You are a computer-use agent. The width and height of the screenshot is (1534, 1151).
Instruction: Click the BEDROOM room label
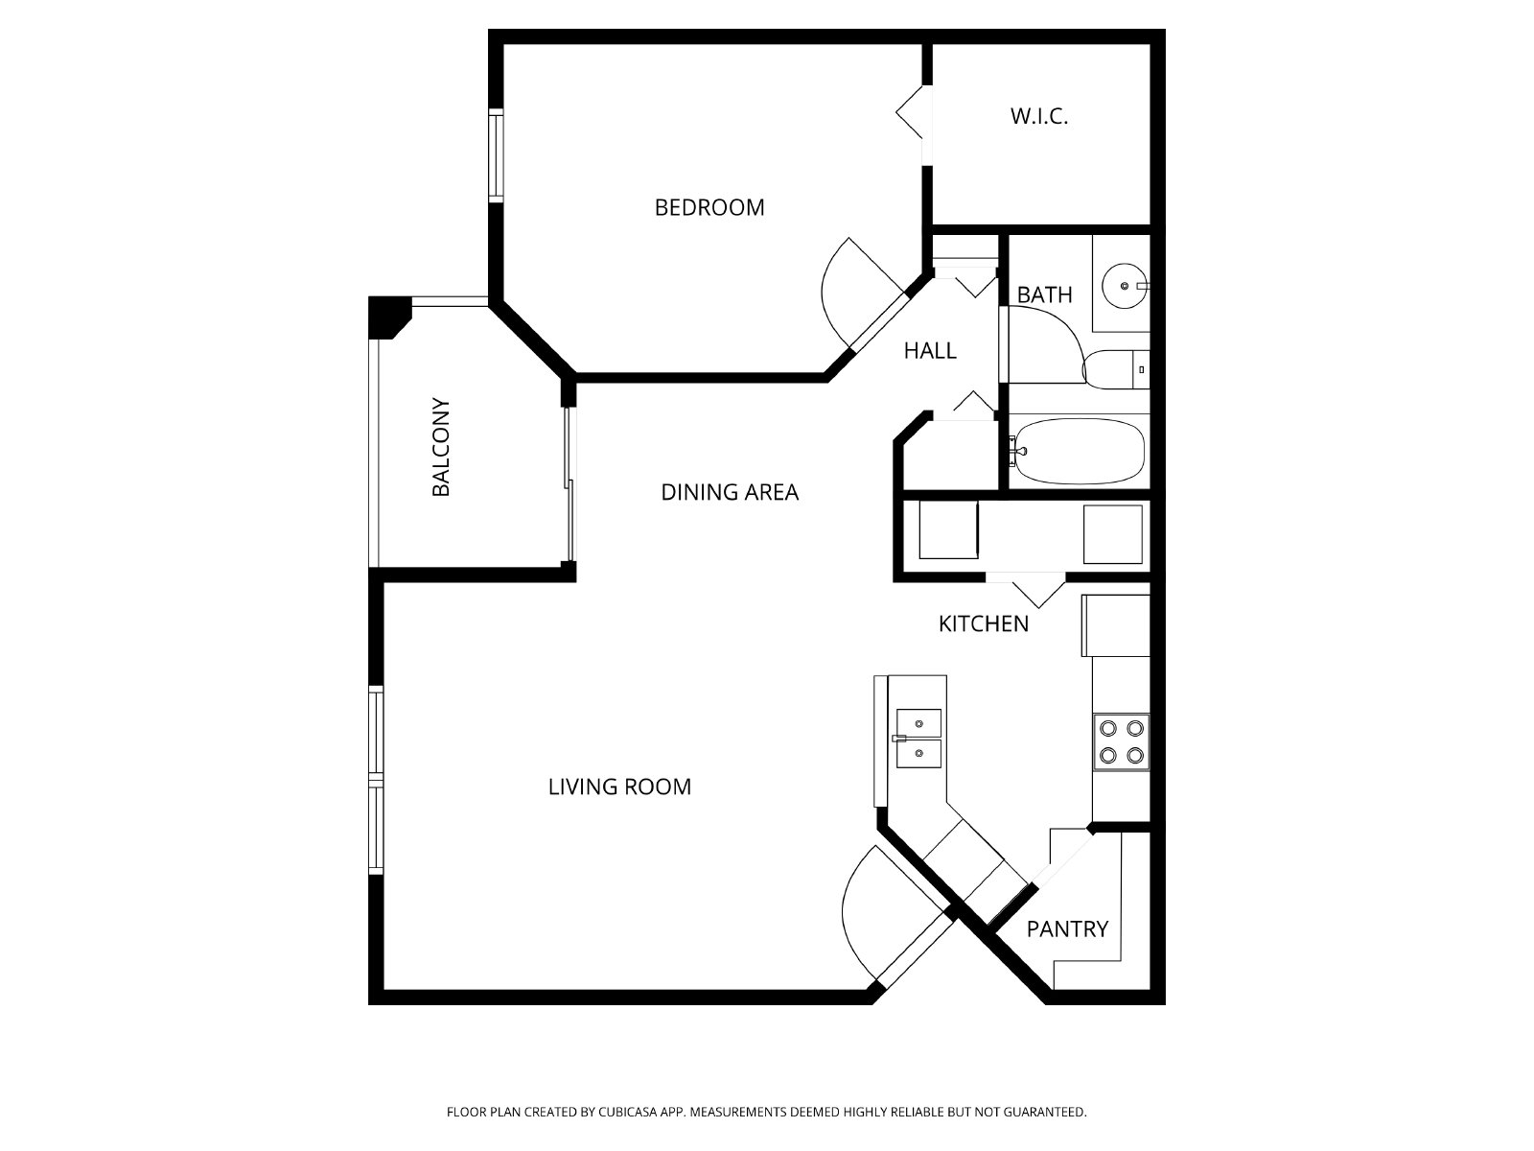pyautogui.click(x=709, y=207)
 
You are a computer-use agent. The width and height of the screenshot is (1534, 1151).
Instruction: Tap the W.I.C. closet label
pyautogui.click(x=1039, y=117)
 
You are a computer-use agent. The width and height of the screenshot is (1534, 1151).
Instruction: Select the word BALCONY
pyautogui.click(x=441, y=447)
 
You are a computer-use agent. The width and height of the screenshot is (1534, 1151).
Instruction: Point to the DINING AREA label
pyautogui.click(x=730, y=492)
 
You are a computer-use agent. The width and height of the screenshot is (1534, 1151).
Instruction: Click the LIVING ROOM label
pyautogui.click(x=619, y=787)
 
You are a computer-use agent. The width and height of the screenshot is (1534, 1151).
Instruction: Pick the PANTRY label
pyautogui.click(x=1067, y=928)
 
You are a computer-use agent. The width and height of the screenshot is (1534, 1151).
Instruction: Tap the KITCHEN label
pyautogui.click(x=983, y=623)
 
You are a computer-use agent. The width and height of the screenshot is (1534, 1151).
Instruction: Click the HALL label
pyautogui.click(x=930, y=351)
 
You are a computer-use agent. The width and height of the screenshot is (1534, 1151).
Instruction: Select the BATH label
pyautogui.click(x=1044, y=294)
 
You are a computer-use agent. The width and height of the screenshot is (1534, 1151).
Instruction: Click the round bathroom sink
pyautogui.click(x=1124, y=285)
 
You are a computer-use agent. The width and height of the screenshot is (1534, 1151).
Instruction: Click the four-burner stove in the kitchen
pyautogui.click(x=1121, y=741)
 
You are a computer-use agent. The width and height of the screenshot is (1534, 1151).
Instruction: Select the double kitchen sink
pyautogui.click(x=918, y=739)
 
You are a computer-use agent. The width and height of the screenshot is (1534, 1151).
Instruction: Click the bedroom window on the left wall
pyautogui.click(x=496, y=155)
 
